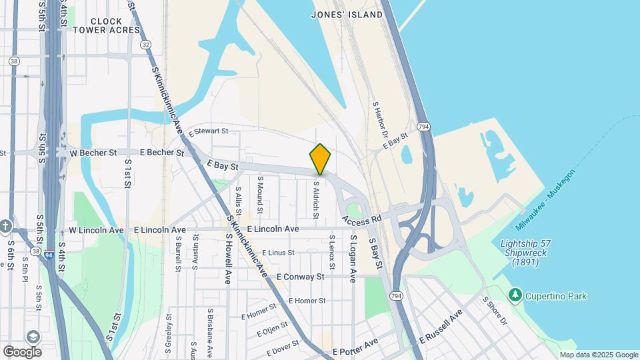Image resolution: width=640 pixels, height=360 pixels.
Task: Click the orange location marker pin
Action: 320,159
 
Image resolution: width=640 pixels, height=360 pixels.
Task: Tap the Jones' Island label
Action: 347,14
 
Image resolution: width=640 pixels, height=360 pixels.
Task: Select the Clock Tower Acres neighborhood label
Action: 107,26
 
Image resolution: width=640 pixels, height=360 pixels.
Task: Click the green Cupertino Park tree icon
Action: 514,295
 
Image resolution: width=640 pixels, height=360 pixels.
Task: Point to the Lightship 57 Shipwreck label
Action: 527,253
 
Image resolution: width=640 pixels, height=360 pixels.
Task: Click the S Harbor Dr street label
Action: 380,121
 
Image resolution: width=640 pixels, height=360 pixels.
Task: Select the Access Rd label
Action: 362,219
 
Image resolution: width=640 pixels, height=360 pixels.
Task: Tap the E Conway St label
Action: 299,276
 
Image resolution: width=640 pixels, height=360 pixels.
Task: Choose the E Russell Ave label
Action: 441,327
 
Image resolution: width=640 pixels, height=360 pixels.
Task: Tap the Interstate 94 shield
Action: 50,254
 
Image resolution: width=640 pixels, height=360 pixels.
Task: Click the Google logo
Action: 22,351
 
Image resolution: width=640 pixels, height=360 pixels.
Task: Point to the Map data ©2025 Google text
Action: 598,355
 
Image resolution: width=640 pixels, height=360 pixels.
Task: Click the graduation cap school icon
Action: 32,337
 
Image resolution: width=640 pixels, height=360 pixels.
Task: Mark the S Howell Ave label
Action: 228,259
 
